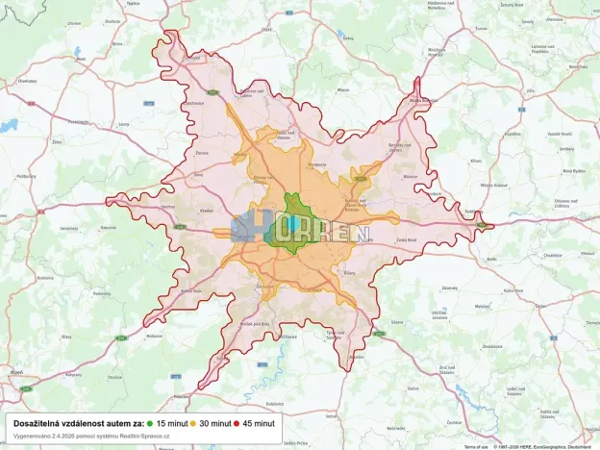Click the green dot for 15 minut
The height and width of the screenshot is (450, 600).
[x=151, y=423]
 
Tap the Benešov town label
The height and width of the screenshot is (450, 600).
[x=335, y=334]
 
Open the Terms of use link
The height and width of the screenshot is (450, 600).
[x=476, y=446]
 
